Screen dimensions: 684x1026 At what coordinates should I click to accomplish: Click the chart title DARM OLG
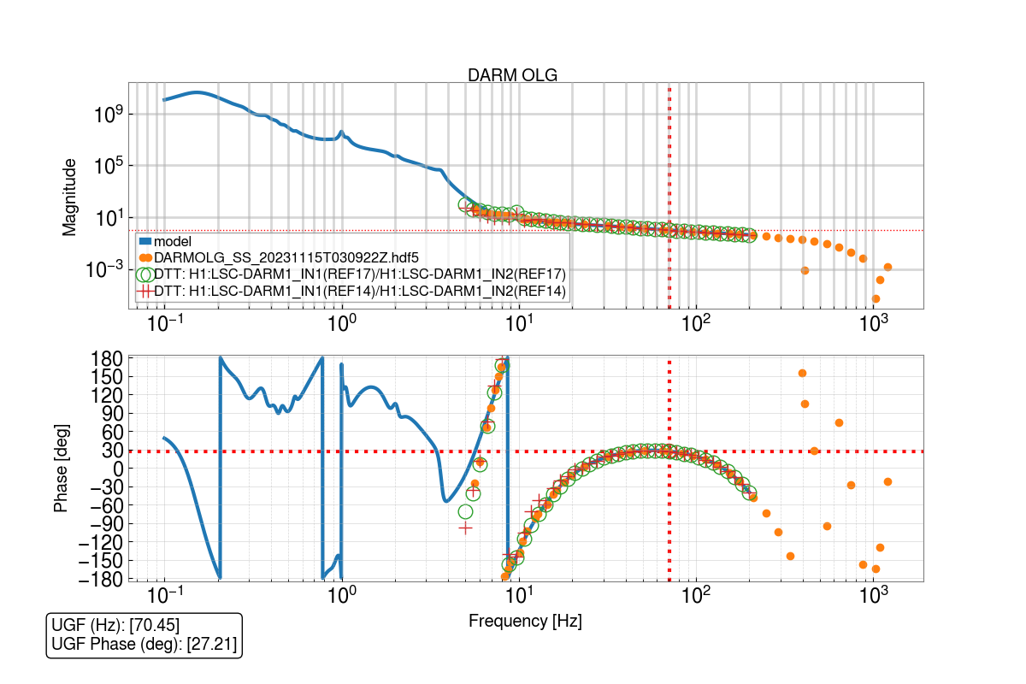pyautogui.click(x=512, y=75)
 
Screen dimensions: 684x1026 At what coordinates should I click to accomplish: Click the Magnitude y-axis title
pyautogui.click(x=69, y=196)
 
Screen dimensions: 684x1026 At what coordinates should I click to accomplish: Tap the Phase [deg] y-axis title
pyautogui.click(x=61, y=469)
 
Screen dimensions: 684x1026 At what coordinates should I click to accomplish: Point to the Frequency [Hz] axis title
pyautogui.click(x=525, y=622)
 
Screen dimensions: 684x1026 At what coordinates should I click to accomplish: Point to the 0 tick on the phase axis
pyautogui.click(x=119, y=469)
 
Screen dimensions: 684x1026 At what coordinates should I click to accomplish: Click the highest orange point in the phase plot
pyautogui.click(x=802, y=373)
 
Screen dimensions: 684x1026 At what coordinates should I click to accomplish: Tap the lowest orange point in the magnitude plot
pyautogui.click(x=876, y=298)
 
